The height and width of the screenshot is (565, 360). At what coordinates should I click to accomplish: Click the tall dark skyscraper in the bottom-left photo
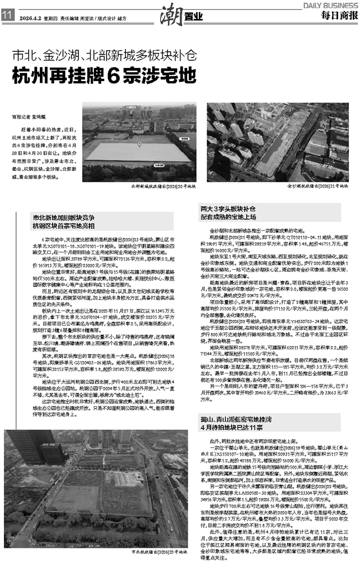click(28, 441)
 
